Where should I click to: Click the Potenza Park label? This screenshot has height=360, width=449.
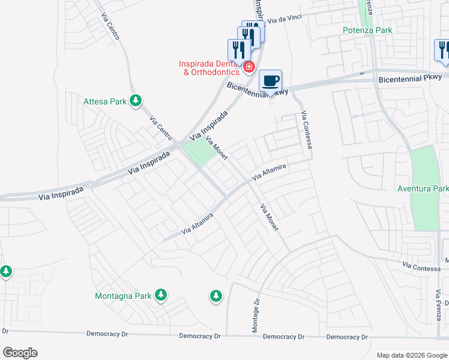pos(367,30)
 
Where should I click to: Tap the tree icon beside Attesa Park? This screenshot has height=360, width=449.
pos(136,101)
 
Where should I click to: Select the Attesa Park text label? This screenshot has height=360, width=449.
pos(105,101)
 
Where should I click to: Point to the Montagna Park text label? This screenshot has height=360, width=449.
pos(122,296)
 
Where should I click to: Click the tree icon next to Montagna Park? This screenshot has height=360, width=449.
pos(160,295)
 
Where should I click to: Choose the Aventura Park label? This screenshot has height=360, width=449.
pos(423,188)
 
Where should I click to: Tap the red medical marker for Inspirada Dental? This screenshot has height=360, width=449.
pos(248,66)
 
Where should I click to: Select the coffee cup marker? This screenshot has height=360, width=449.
pos(270,80)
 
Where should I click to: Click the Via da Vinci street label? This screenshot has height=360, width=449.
pos(285,20)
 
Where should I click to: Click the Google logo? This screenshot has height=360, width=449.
pos(20,353)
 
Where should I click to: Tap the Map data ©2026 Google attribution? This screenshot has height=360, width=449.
pos(411,355)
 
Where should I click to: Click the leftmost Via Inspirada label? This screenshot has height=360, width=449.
pos(61,193)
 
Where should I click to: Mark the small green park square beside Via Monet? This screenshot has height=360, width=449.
pos(197,153)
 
